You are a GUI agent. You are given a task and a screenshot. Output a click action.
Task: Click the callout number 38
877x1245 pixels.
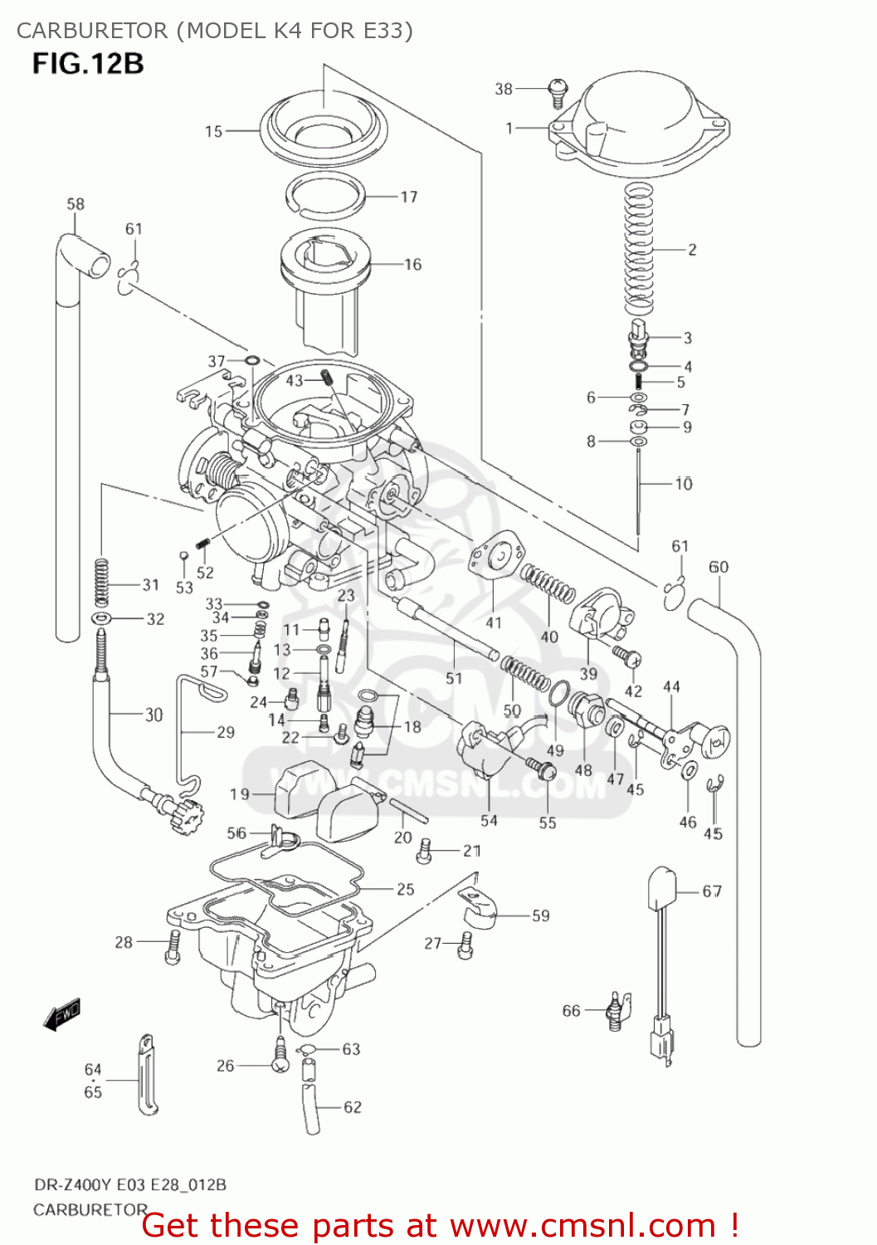504,89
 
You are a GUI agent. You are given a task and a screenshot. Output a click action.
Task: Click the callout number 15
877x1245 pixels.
214,131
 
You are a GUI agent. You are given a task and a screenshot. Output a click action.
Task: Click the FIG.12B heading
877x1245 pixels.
88,64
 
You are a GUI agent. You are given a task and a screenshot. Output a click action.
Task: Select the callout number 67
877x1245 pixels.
712,891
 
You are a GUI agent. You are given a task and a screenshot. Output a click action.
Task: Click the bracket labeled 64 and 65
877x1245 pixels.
148,1074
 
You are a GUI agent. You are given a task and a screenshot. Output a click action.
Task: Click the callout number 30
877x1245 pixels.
153,715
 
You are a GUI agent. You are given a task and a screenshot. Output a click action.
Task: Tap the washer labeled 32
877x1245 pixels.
103,619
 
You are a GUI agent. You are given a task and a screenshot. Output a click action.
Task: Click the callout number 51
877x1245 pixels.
454,678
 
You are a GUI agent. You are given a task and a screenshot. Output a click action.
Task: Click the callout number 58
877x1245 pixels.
76,204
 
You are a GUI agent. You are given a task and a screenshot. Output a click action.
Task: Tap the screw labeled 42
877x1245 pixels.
628,657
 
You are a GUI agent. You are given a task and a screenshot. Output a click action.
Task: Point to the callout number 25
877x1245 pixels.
405,890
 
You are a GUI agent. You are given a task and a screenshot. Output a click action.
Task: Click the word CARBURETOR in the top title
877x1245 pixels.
91,31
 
